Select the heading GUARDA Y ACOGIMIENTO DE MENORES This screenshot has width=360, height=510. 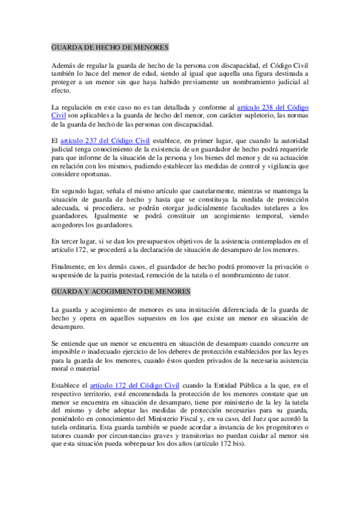pyautogui.click(x=121, y=291)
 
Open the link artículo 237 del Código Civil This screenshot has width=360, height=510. pyautogui.click(x=105, y=141)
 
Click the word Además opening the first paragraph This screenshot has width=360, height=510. pyautogui.click(x=66, y=65)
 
